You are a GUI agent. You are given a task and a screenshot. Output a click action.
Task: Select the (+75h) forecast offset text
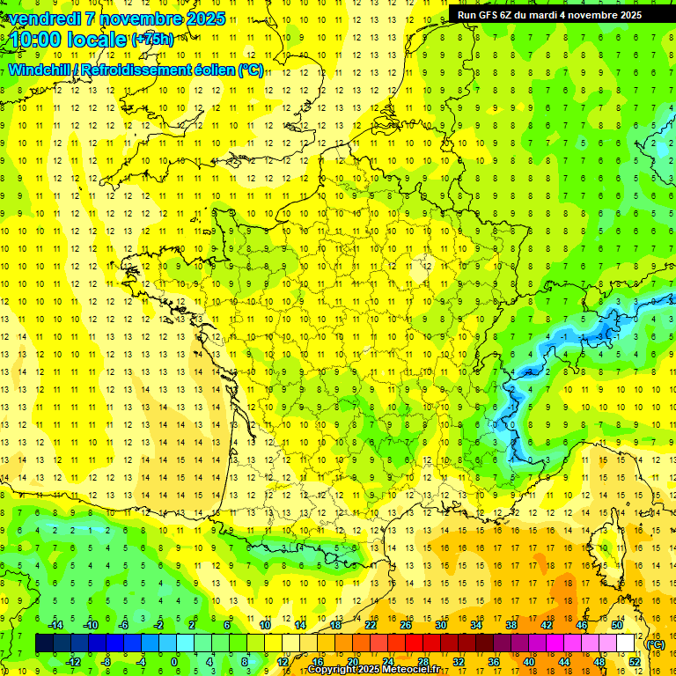tap(152, 40)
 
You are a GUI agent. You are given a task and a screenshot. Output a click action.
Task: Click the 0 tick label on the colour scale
tap(173, 661)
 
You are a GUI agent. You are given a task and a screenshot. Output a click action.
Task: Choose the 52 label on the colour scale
tap(635, 661)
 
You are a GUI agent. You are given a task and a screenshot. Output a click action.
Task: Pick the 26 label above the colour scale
tap(406, 625)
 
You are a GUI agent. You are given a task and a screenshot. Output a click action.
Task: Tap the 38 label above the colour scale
tap(511, 625)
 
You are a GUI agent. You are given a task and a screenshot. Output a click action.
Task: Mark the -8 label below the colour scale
tap(107, 661)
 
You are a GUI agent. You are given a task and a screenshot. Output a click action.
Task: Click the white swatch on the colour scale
tap(625, 643)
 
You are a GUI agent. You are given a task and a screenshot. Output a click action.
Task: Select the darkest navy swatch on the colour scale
tap(44, 643)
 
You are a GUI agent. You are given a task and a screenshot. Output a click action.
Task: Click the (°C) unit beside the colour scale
tap(655, 643)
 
